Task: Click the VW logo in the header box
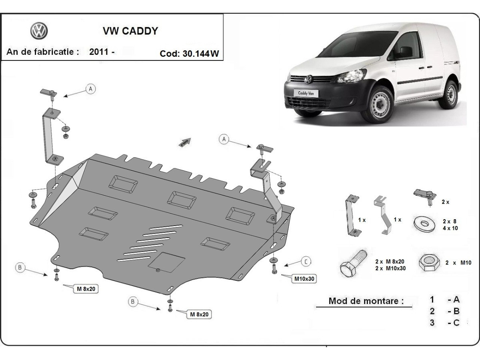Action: (x=39, y=31)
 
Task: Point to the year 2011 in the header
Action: (x=100, y=52)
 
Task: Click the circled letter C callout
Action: (x=305, y=262)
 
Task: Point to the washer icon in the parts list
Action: (x=425, y=223)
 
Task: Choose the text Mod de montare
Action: (x=366, y=301)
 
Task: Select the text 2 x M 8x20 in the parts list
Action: (x=390, y=261)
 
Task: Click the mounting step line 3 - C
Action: (x=444, y=322)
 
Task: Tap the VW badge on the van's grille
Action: (x=308, y=80)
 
